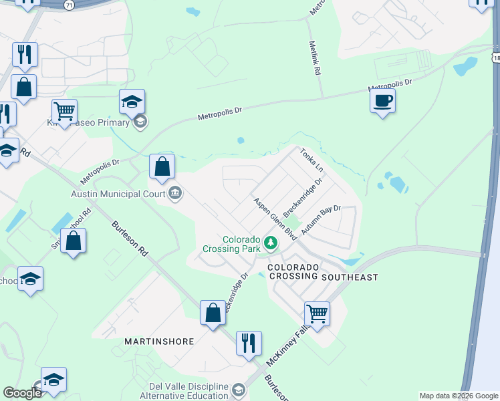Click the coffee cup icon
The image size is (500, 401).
click(x=382, y=101)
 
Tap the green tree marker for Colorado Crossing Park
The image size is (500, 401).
click(x=271, y=243)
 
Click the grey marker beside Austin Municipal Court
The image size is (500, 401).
click(x=175, y=194)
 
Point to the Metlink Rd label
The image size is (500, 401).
click(x=315, y=59)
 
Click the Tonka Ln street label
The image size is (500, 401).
click(x=311, y=160)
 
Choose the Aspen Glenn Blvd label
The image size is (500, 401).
click(x=274, y=219)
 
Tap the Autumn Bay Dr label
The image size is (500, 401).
click(x=321, y=219)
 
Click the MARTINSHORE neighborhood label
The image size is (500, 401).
click(x=159, y=341)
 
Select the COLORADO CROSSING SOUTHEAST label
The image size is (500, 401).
click(x=323, y=271)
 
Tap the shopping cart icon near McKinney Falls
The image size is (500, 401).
click(x=317, y=312)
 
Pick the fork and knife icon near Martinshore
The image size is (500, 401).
click(x=249, y=343)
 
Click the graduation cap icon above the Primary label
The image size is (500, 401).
click(x=132, y=102)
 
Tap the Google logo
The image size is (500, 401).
click(x=22, y=393)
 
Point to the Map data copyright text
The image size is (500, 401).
click(x=459, y=396)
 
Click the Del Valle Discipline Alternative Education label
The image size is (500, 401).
click(x=184, y=391)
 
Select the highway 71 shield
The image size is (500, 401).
click(x=69, y=4)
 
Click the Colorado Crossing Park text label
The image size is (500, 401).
click(x=232, y=243)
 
